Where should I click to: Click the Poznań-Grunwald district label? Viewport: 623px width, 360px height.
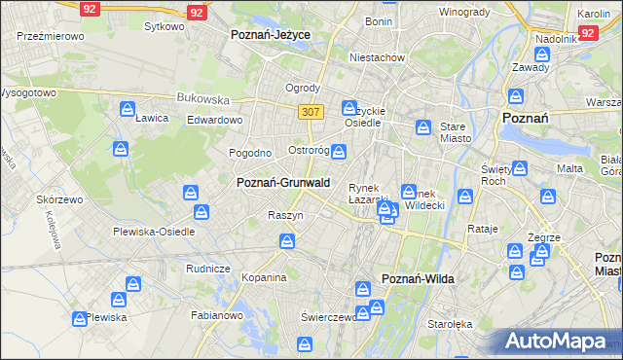point(283,182)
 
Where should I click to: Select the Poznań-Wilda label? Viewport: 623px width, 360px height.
point(419,278)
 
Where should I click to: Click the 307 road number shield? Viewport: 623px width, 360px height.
point(311,112)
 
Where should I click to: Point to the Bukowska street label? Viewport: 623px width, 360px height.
point(202,98)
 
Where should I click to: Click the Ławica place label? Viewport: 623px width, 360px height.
point(152,118)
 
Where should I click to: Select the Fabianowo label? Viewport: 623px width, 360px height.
point(216,314)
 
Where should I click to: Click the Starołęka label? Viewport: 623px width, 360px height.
point(449,324)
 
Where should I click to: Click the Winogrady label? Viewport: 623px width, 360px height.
point(463,12)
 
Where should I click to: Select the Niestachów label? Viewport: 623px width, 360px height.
point(378,57)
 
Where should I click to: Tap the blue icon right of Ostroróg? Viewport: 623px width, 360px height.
point(338,151)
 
